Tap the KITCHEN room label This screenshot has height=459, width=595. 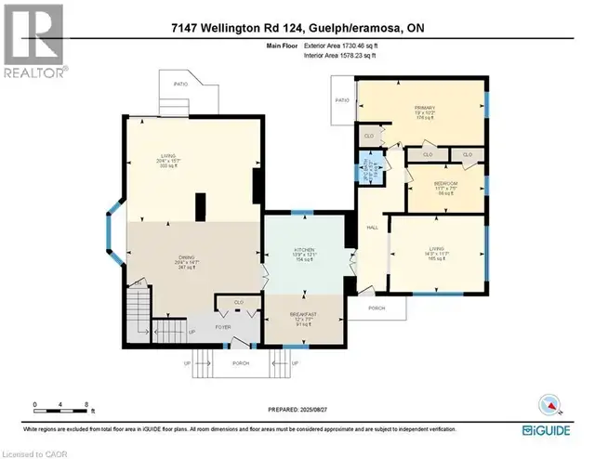[x=304, y=251]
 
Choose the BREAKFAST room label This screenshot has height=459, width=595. [x=304, y=314]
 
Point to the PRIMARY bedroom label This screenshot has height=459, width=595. [x=424, y=108]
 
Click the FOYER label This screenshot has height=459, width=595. [x=223, y=326]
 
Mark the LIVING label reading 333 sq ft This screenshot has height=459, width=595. [x=168, y=158]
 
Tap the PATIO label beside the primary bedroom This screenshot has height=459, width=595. [x=341, y=100]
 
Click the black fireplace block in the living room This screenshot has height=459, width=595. [x=200, y=206]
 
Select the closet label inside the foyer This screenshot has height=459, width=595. [x=239, y=302]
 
